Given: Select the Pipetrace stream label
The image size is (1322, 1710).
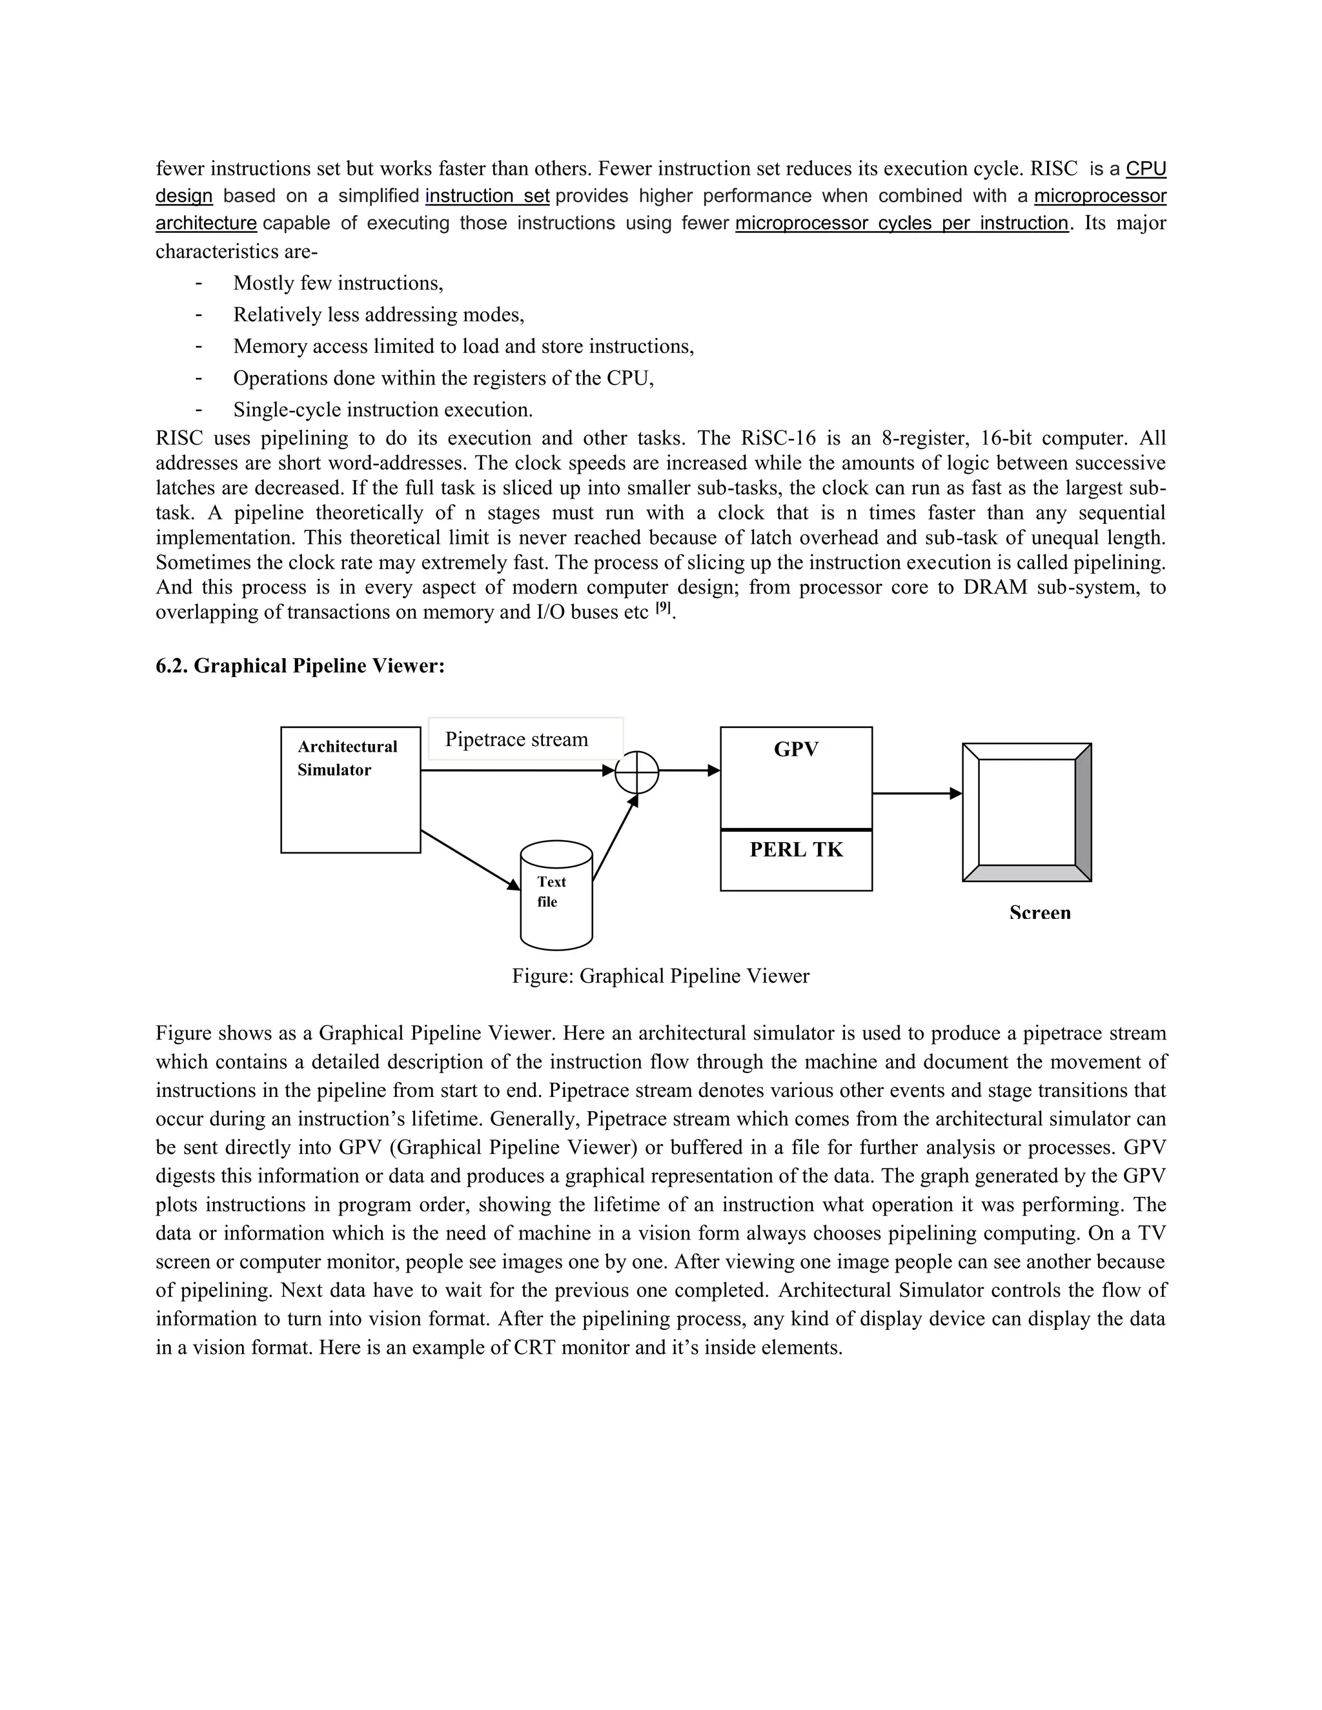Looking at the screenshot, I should (x=516, y=739).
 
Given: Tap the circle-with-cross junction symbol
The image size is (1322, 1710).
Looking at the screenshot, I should (x=636, y=772).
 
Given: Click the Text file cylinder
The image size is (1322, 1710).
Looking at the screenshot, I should (x=556, y=894).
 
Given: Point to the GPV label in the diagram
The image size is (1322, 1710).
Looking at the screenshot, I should (x=796, y=749).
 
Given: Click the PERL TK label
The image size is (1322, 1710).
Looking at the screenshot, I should (x=796, y=850).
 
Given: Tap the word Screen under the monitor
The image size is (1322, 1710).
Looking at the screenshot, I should (x=1039, y=913).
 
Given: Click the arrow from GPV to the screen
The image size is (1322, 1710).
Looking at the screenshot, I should (x=917, y=793).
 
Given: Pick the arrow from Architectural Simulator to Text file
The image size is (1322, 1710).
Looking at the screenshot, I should (x=470, y=860).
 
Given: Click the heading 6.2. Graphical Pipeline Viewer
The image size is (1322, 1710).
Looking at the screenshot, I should (x=300, y=665).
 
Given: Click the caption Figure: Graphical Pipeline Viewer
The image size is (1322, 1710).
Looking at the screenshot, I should (x=660, y=976).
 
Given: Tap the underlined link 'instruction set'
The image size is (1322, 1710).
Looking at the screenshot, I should (x=487, y=196).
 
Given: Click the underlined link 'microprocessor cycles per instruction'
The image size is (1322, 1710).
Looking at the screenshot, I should (x=901, y=223).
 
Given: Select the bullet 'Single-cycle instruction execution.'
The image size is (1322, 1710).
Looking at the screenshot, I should (x=382, y=410).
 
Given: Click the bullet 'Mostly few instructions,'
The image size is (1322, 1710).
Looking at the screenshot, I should (x=338, y=283).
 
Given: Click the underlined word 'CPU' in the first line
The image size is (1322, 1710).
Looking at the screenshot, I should (x=1146, y=169).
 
